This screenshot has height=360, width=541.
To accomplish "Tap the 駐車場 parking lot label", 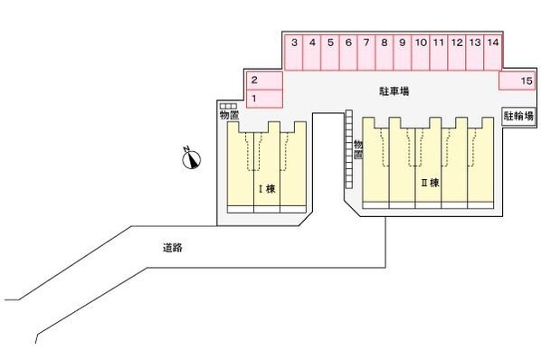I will [393, 92].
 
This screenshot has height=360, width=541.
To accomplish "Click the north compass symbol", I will [190, 160].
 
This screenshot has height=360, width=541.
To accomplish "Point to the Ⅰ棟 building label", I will [267, 189].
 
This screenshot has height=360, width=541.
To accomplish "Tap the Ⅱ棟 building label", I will [430, 183].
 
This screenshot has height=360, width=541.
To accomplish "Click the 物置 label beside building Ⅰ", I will [229, 116].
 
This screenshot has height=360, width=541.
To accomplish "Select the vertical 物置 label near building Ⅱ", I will [358, 148].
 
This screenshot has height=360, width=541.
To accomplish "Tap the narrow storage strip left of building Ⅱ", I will [347, 148].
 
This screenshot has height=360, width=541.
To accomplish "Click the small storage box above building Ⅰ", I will [228, 107].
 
